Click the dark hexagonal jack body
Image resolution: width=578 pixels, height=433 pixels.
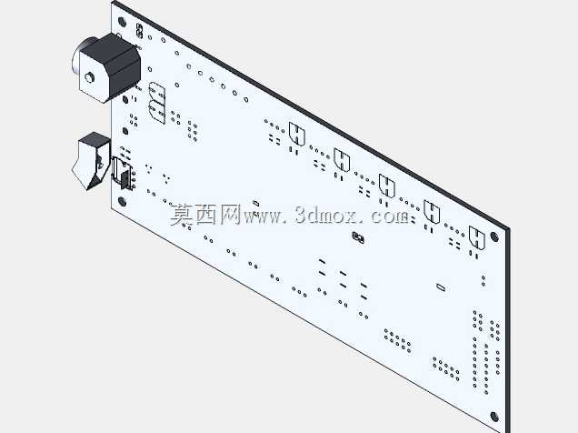111,67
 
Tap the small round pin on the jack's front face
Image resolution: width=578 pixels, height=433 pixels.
89,77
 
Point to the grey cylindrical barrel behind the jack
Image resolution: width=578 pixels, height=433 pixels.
82,55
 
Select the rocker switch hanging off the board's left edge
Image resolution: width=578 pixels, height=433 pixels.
91,161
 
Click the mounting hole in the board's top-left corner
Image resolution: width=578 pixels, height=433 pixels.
122,22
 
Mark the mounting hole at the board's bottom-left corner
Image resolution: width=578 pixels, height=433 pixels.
122,202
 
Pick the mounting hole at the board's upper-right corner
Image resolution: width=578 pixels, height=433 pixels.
494,237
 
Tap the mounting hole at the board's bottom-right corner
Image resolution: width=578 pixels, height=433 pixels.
494,417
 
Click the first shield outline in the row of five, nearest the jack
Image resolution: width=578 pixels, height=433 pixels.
297,134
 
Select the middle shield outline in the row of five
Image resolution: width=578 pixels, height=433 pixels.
386,186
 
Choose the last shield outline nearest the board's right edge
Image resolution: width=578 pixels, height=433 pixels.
476,238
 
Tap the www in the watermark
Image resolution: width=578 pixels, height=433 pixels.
264,217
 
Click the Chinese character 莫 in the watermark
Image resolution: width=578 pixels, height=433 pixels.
182,215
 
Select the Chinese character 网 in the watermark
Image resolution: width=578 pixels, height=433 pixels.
231,215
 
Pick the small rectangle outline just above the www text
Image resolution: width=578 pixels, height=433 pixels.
255,203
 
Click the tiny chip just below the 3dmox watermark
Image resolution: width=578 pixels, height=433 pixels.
358,237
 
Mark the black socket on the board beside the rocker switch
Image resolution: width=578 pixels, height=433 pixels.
123,174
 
